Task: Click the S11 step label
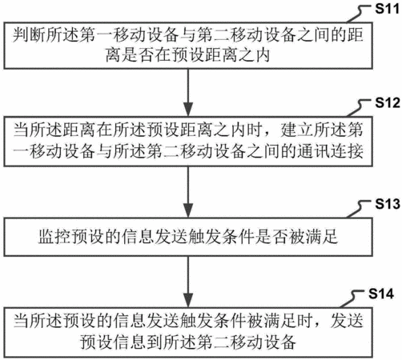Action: tap(388, 9)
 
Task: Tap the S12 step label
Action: tap(388, 102)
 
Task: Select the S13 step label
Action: tap(388, 204)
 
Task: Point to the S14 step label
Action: tap(381, 294)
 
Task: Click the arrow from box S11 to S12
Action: tap(188, 92)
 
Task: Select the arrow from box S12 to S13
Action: tap(188, 192)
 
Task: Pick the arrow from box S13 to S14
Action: tap(188, 282)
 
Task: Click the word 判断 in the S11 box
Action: tap(29, 35)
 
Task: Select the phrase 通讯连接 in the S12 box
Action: tap(330, 151)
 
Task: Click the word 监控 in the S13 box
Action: tap(54, 237)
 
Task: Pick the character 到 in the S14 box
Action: tap(155, 342)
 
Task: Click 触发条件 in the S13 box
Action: tap(221, 237)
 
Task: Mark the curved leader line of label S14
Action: tap(354, 298)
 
